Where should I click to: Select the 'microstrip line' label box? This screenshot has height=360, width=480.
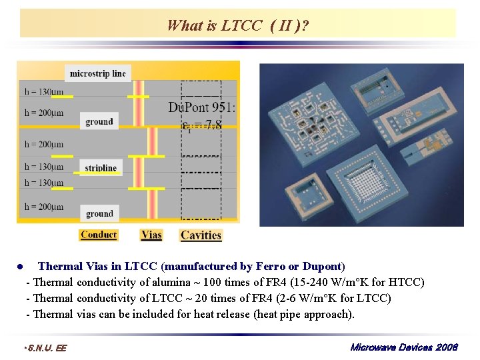pyautogui.click(x=97, y=73)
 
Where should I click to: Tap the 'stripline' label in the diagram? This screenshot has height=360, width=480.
pyautogui.click(x=101, y=167)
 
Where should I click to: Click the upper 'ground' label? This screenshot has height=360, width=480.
pyautogui.click(x=99, y=121)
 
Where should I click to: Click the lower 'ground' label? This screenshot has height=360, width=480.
pyautogui.click(x=99, y=213)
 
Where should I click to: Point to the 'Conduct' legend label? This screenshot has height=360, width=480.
pyautogui.click(x=98, y=235)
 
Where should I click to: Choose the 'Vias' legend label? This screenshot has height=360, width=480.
pyautogui.click(x=151, y=235)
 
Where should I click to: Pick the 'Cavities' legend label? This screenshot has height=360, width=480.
pyautogui.click(x=201, y=235)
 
